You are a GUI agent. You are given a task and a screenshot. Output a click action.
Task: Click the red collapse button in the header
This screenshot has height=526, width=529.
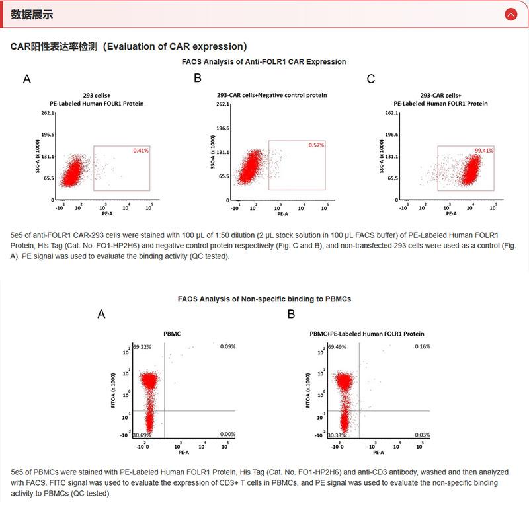tap(510, 14)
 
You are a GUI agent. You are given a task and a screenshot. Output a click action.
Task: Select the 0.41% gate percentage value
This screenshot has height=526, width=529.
tap(141, 151)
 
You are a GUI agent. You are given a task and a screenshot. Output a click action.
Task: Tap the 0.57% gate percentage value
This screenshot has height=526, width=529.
tap(316, 145)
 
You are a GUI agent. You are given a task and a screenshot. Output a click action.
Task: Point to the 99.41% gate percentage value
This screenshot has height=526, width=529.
tap(484, 151)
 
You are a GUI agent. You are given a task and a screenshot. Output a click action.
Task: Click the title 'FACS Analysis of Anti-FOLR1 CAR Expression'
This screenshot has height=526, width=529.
tap(264, 61)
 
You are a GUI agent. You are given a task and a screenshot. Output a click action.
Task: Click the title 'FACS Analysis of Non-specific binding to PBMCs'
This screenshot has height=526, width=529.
tap(264, 299)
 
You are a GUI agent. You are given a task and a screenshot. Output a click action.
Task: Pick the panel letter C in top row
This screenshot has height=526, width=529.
tap(371, 79)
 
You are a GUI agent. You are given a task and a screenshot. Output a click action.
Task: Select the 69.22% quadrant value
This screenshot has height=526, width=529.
tap(142, 346)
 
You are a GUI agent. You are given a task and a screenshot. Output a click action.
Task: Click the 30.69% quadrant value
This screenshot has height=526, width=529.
tap(142, 435)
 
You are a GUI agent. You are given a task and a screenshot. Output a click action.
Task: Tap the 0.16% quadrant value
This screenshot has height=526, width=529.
tap(423, 346)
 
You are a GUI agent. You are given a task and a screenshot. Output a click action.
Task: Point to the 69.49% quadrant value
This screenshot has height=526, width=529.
tap(337, 346)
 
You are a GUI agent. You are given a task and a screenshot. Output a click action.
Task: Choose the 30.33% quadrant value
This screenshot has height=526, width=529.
tap(337, 435)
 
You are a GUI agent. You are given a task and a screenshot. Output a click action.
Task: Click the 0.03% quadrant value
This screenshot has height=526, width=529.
tap(423, 435)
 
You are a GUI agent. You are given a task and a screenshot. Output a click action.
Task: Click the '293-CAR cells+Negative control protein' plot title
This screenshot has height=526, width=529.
tap(272, 95)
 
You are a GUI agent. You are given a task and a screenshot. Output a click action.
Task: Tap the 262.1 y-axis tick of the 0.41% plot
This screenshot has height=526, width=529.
tap(48, 113)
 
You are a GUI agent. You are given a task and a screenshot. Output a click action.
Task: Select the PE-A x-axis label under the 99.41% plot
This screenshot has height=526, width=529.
tap(451, 214)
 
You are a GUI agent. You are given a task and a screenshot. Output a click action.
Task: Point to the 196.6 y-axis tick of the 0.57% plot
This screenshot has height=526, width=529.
tap(223, 128)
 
